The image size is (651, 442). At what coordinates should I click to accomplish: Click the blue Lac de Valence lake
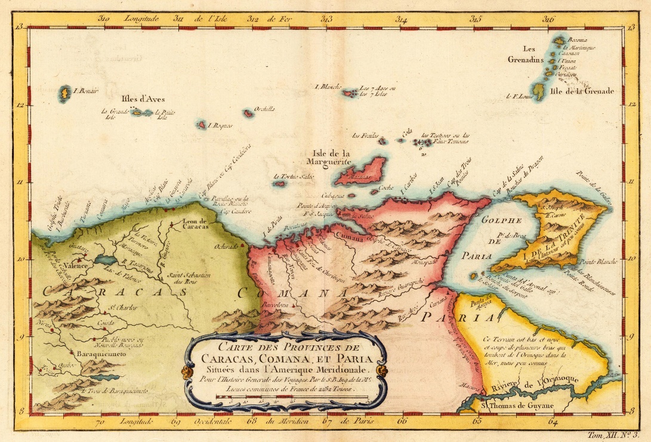point(106,261)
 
